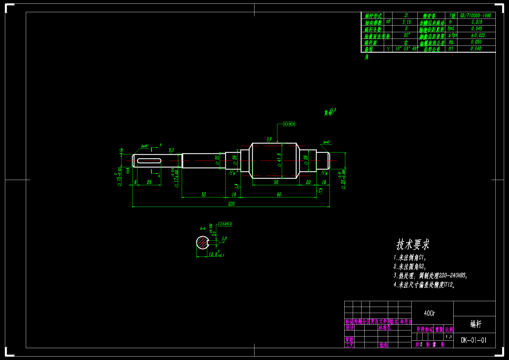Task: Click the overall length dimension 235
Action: (231, 204)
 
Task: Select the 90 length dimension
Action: (279, 194)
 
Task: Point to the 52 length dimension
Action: (203, 194)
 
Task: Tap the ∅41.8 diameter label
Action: (279, 160)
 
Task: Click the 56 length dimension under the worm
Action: (276, 182)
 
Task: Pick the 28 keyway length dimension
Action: (149, 182)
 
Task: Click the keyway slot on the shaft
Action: (149, 161)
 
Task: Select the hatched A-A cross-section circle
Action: (202, 243)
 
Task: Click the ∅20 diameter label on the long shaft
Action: (217, 160)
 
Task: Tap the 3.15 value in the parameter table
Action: (406, 22)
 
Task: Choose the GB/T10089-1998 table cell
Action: (475, 15)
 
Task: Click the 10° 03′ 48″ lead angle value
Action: (406, 49)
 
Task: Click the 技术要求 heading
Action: (413, 244)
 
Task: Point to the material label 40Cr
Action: (429, 313)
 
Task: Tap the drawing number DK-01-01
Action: (474, 340)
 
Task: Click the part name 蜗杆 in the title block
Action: (476, 324)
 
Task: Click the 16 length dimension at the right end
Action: (324, 182)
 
